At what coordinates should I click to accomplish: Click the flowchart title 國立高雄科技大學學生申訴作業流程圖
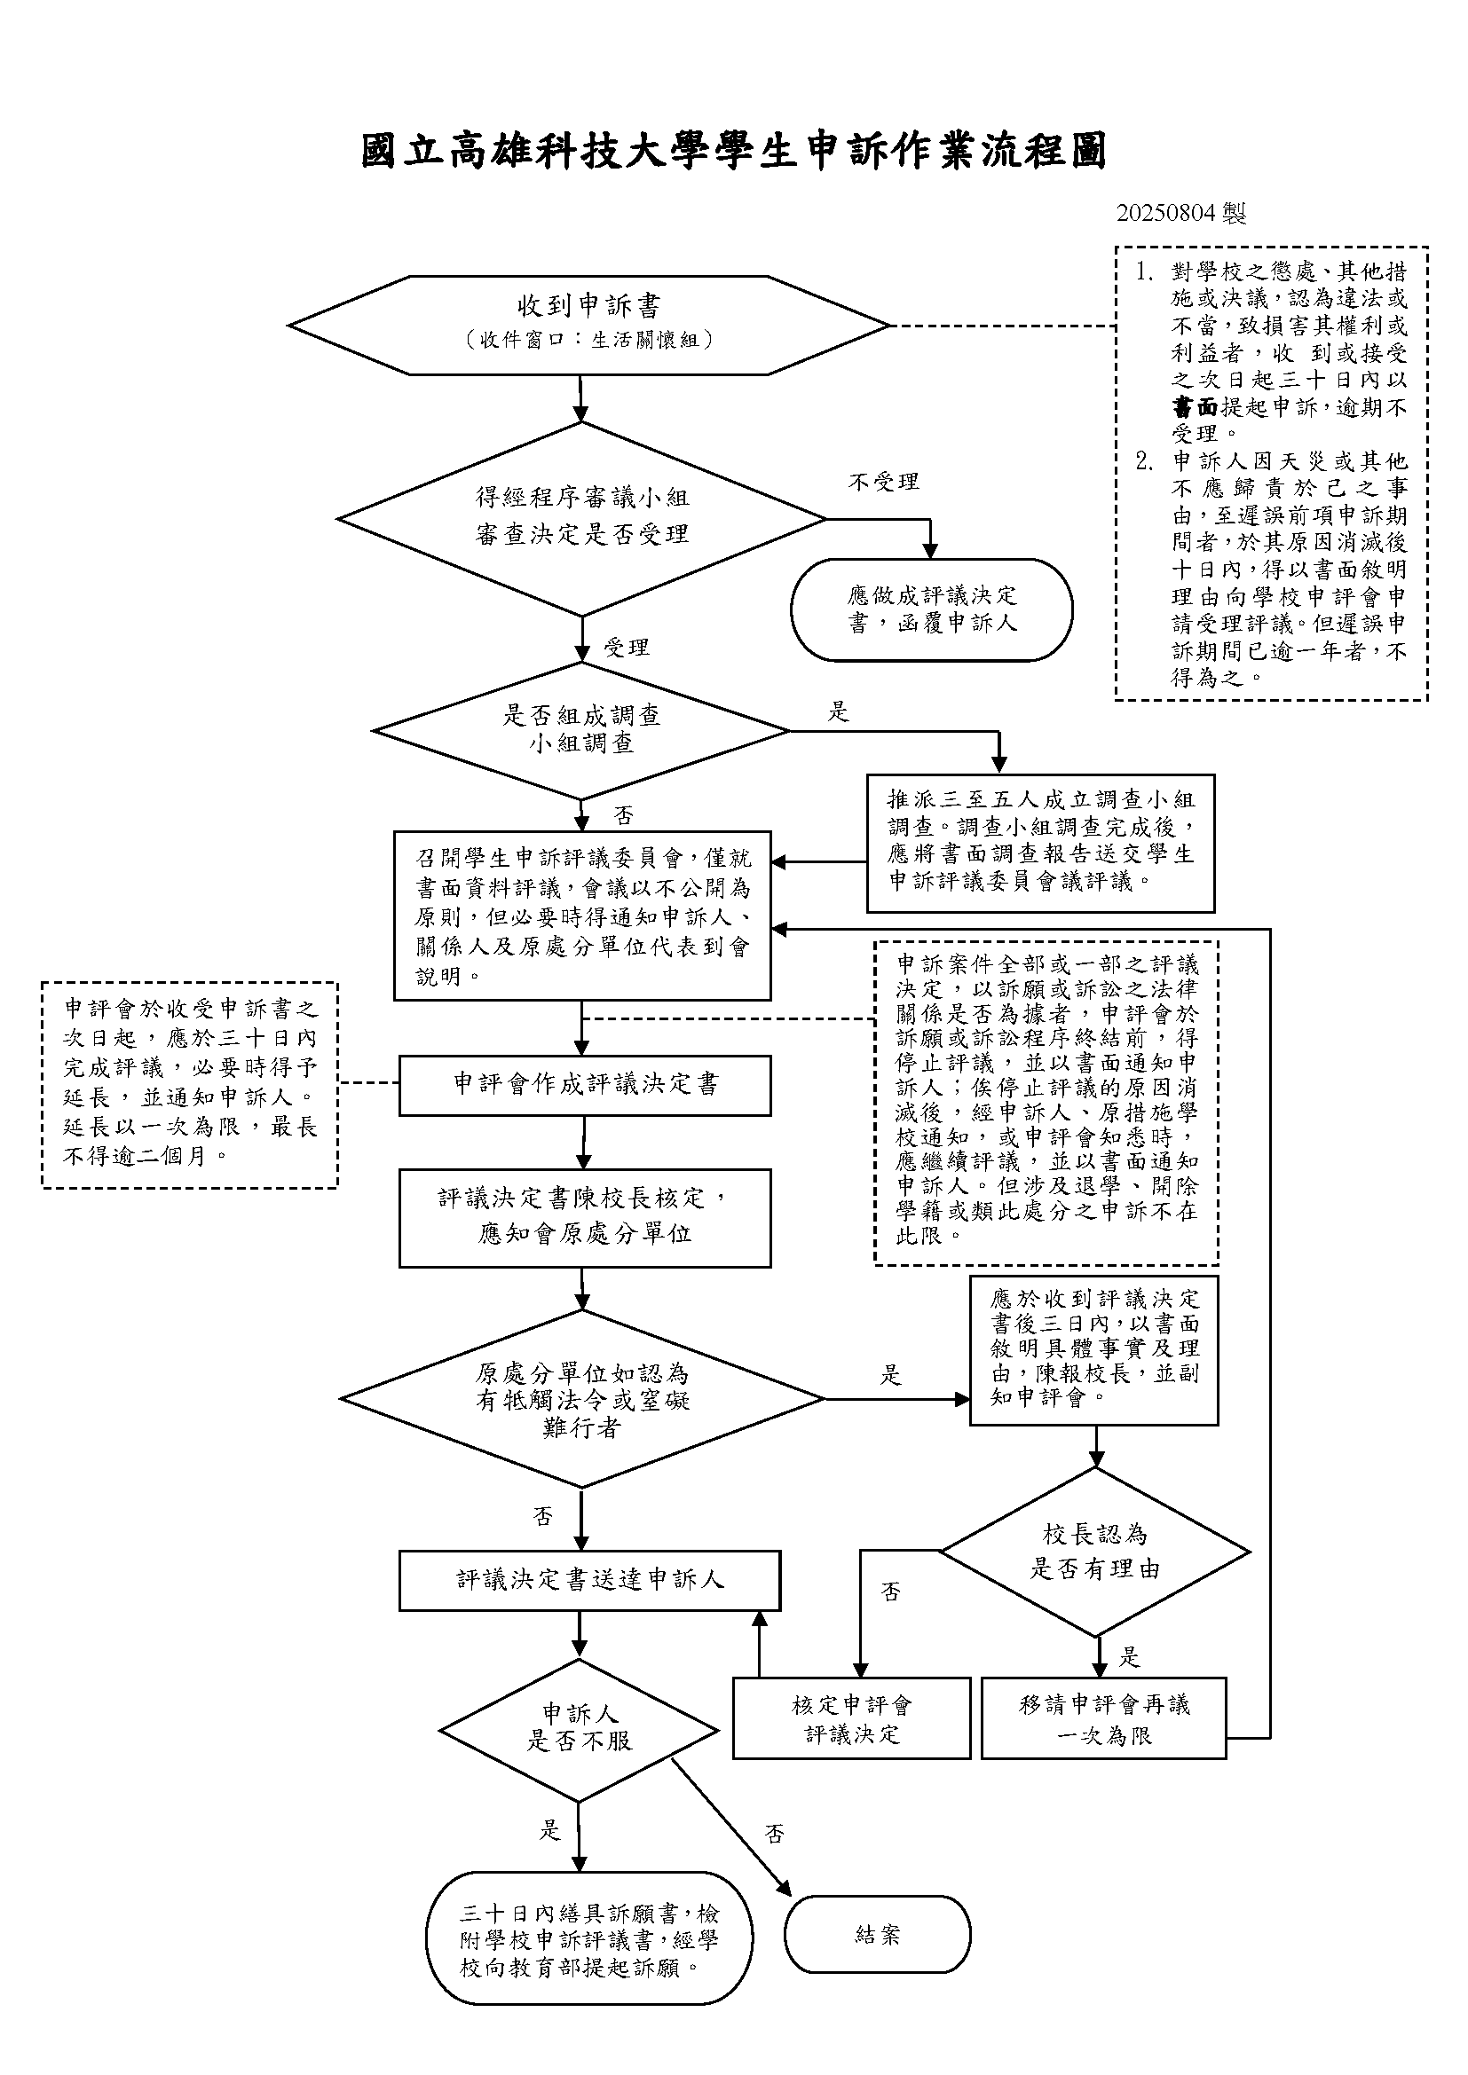pyautogui.click(x=734, y=151)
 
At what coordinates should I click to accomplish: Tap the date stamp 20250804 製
pyautogui.click(x=1181, y=214)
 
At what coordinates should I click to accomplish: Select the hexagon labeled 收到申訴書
pyautogui.click(x=589, y=326)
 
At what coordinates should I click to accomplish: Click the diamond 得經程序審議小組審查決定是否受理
pyautogui.click(x=582, y=519)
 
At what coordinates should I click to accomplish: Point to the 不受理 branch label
pyautogui.click(x=884, y=482)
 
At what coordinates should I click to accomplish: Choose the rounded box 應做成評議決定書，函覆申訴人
pyautogui.click(x=931, y=610)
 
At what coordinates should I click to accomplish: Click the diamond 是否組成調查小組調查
pyautogui.click(x=581, y=731)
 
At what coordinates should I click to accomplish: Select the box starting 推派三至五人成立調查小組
pyautogui.click(x=1040, y=843)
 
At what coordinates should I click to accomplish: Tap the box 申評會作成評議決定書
pyautogui.click(x=585, y=1085)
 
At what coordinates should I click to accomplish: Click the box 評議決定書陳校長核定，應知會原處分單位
pyautogui.click(x=585, y=1218)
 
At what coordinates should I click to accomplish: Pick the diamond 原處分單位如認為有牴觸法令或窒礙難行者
pyautogui.click(x=582, y=1399)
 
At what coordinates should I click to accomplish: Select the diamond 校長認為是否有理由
pyautogui.click(x=1095, y=1552)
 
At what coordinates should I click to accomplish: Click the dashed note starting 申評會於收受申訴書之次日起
pyautogui.click(x=190, y=1084)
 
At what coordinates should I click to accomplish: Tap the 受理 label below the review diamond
pyautogui.click(x=627, y=647)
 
